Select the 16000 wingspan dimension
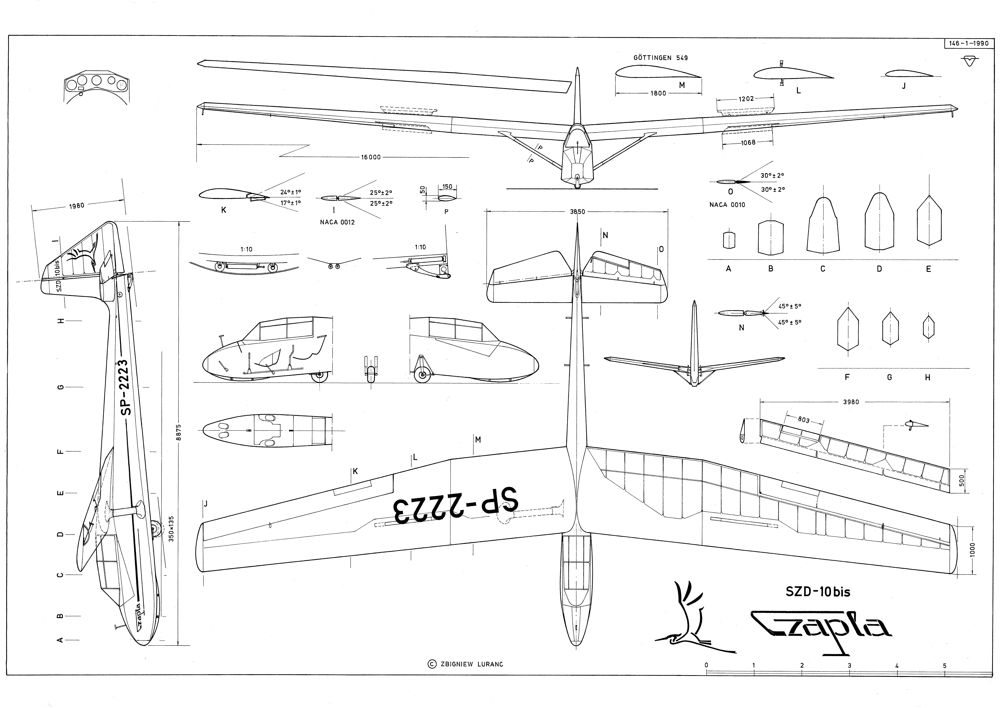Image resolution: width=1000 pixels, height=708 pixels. click(370, 157)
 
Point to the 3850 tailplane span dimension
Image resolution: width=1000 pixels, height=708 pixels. click(578, 212)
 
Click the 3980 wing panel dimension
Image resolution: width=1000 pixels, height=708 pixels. click(851, 402)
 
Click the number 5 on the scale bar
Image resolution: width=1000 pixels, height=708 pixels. click(944, 666)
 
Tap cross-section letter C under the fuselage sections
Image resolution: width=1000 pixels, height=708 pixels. click(822, 269)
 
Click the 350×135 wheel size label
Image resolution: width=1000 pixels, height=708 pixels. click(171, 529)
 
